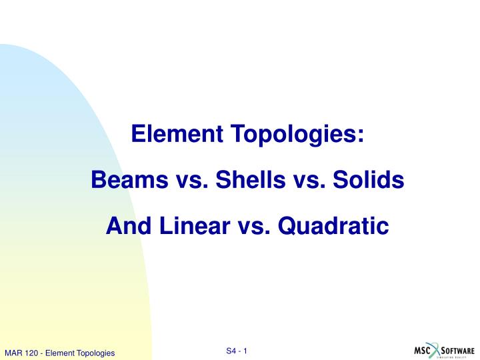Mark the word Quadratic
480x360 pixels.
click(x=333, y=226)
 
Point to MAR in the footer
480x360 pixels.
click(x=13, y=353)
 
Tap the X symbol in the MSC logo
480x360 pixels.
click(x=436, y=350)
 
